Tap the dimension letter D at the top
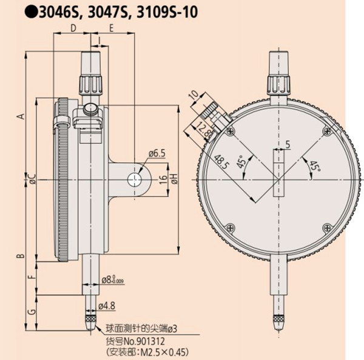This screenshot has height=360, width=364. (72, 28)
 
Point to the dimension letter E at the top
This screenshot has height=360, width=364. (112, 28)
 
